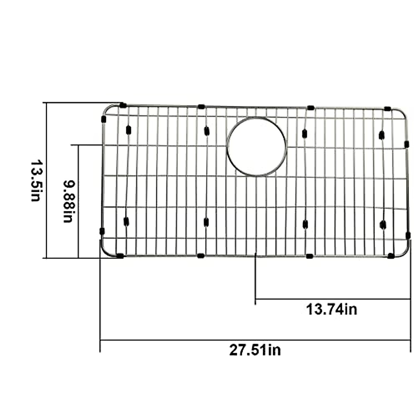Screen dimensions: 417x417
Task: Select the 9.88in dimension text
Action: [68, 201]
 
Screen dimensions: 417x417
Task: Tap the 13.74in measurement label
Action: [331, 309]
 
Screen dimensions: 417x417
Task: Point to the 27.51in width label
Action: [255, 350]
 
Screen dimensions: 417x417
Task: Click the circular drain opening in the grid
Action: [256, 146]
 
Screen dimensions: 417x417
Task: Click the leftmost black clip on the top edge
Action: [123, 105]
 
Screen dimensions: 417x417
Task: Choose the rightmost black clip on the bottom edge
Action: [391, 256]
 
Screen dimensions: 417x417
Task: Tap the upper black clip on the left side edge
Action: [103, 119]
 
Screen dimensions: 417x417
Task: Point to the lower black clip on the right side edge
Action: [408, 235]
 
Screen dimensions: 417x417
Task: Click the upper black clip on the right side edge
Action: [407, 144]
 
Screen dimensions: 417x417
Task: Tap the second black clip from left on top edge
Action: [201, 106]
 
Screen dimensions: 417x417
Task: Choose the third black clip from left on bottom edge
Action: [309, 256]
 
